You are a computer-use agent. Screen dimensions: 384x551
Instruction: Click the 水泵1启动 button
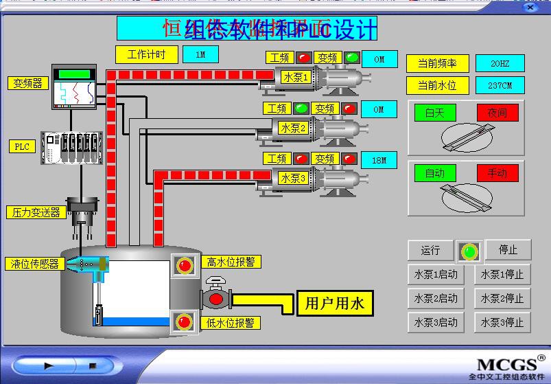pos(435,275)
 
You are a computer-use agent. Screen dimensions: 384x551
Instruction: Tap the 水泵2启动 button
pos(435,299)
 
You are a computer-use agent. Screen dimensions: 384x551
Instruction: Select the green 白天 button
pos(434,113)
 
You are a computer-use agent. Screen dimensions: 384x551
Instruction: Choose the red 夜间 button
pos(497,113)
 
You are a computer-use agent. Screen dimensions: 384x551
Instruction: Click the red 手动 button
pos(497,173)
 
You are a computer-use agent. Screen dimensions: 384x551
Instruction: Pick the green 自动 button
pos(434,173)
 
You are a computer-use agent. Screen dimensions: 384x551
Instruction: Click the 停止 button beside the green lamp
pos(508,250)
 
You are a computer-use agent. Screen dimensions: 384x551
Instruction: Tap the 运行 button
pos(430,250)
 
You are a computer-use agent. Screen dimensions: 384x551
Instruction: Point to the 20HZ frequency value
pos(500,64)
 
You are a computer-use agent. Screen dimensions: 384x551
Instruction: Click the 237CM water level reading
pos(500,85)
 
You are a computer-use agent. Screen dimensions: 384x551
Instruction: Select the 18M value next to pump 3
pos(379,160)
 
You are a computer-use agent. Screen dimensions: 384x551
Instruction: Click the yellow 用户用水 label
pos(335,303)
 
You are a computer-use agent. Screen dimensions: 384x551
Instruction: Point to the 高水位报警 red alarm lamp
pos(184,265)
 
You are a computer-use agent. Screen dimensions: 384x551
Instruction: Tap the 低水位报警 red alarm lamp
pos(184,321)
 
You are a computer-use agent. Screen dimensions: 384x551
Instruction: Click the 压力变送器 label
pos(36,212)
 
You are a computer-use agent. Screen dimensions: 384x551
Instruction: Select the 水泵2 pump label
pos(293,128)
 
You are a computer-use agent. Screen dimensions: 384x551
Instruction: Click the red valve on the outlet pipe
pos(216,298)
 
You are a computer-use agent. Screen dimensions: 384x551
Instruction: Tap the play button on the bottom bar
pos(49,366)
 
